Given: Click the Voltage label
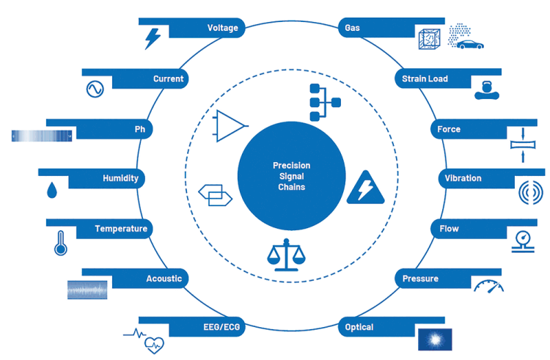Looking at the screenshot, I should [x=222, y=29].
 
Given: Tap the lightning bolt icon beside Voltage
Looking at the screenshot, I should [x=153, y=37].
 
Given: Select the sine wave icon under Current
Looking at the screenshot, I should [x=95, y=89].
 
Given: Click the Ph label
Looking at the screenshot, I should [x=139, y=129].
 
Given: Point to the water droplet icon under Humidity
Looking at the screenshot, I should [x=51, y=191].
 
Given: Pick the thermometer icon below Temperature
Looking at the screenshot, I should [x=60, y=242].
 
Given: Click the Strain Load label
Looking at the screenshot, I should [x=425, y=78].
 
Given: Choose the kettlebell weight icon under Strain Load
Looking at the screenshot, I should [x=484, y=90].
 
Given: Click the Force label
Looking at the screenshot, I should [x=449, y=129].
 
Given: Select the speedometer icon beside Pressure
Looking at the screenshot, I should [x=488, y=285].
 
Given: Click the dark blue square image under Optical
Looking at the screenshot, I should [x=434, y=339].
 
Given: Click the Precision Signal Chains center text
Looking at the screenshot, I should [x=291, y=177].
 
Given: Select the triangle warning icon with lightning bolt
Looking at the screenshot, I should [x=364, y=188].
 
